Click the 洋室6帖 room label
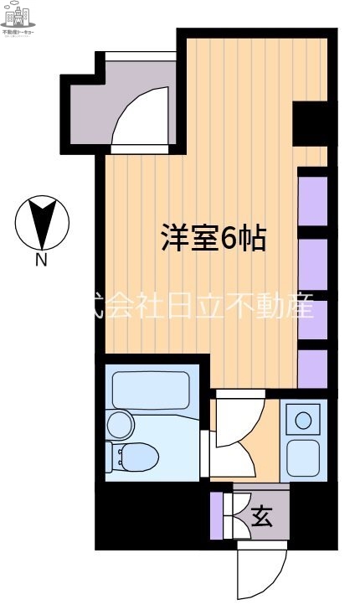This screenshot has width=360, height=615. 213,240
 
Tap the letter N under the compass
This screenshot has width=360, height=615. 40,261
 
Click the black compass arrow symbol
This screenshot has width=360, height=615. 42,222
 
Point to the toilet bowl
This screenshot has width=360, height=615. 134,457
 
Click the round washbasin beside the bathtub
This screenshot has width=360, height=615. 119,425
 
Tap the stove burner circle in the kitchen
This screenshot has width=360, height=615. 304,419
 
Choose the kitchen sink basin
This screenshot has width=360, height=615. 303,456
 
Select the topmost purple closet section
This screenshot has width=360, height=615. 312,197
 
